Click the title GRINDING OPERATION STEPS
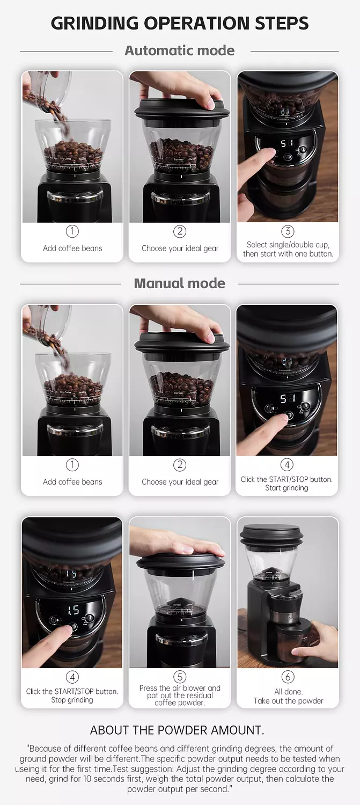point(180,23)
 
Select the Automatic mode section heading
point(180,50)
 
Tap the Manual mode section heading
point(180,283)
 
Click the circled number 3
point(288,231)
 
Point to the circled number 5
point(180,677)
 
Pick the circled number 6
point(288,677)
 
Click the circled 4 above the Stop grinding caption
point(72,677)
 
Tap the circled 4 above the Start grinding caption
point(286,465)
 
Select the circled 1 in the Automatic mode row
point(72,231)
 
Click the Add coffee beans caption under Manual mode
point(72,482)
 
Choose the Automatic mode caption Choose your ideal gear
point(180,248)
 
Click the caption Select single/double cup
point(288,245)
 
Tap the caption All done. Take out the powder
point(288,696)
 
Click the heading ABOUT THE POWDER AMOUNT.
point(177,730)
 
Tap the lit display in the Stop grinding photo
point(73,610)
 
